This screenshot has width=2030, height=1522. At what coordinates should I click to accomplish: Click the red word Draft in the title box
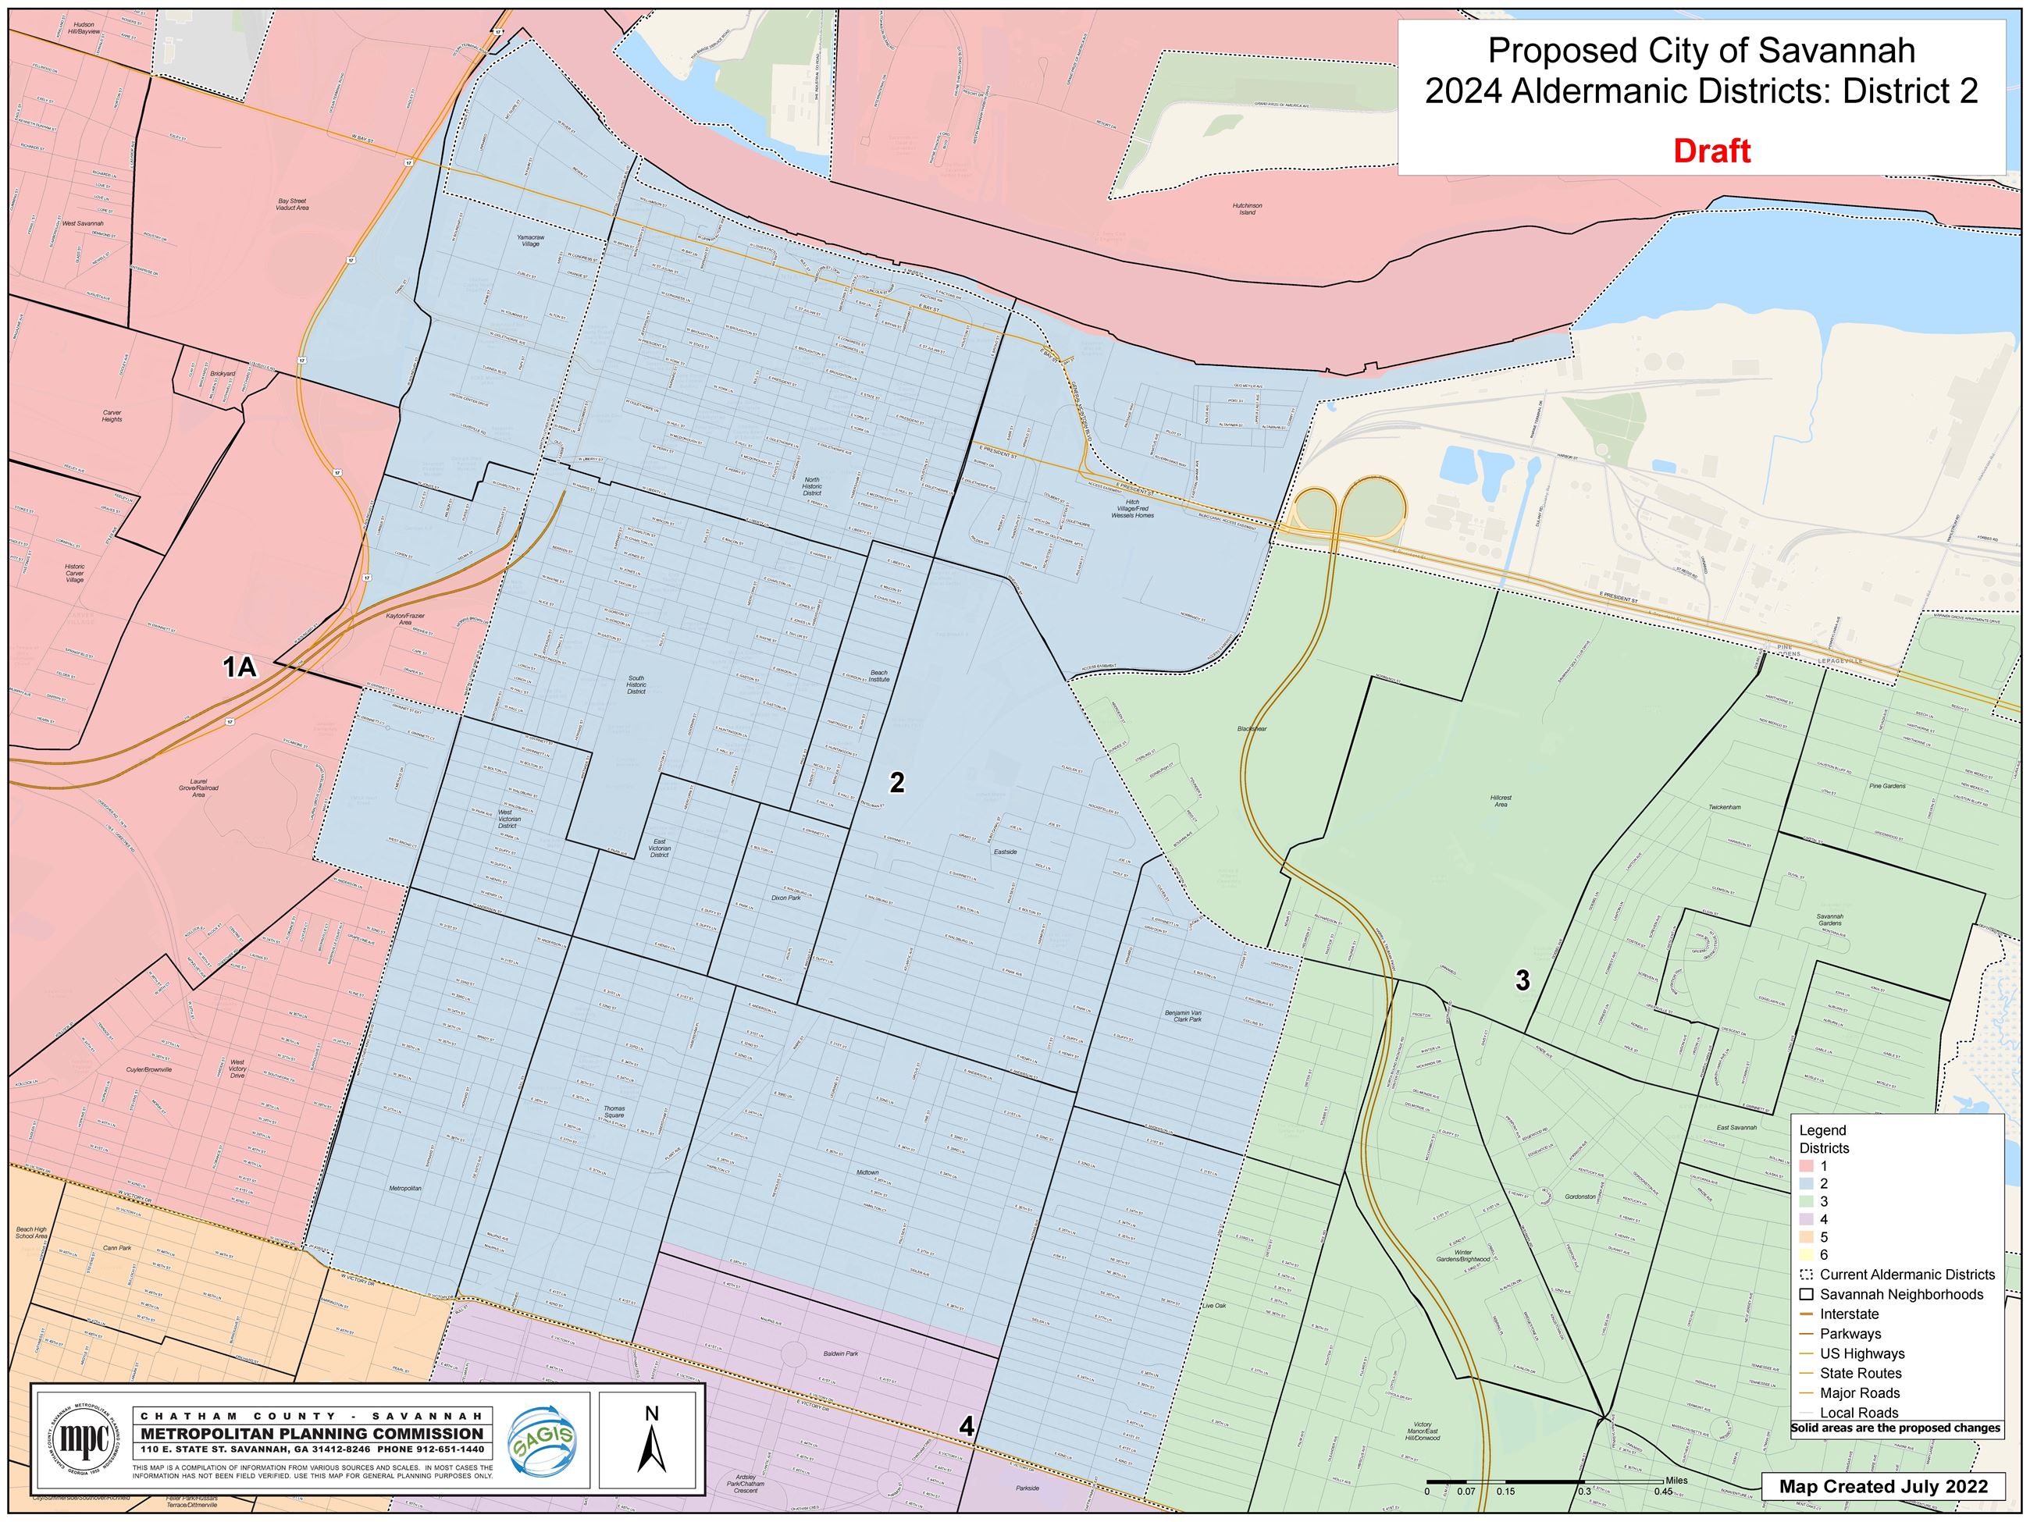tap(1711, 151)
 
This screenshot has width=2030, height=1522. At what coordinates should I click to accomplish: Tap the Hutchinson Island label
tap(1246, 209)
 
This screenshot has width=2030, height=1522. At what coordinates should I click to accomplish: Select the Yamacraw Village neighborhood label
tap(530, 240)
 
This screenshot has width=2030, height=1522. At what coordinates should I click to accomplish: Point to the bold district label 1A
tap(240, 667)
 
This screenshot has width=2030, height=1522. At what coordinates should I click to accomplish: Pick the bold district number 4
tap(967, 1426)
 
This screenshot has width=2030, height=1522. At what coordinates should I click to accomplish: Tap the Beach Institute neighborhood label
tap(879, 676)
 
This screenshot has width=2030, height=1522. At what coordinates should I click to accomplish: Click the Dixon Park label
tap(785, 898)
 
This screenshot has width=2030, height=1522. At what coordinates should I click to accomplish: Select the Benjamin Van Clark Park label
tap(1183, 1016)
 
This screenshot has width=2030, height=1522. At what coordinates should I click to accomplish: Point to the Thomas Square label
tap(614, 1113)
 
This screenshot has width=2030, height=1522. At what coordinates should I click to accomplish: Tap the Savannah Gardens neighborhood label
tap(1829, 919)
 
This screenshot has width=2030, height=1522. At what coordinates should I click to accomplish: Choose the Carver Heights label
tap(112, 415)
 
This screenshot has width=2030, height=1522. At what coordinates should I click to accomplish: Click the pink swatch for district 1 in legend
tap(1807, 1165)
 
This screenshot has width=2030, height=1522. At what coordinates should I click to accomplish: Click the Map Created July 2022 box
tap(1883, 1486)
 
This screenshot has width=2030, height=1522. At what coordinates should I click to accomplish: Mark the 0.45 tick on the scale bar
tap(1663, 1492)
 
